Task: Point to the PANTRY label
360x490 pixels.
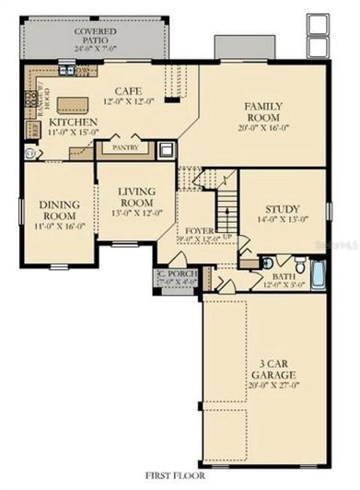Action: [x=124, y=146]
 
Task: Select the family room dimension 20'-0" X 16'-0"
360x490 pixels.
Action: [x=262, y=130]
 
